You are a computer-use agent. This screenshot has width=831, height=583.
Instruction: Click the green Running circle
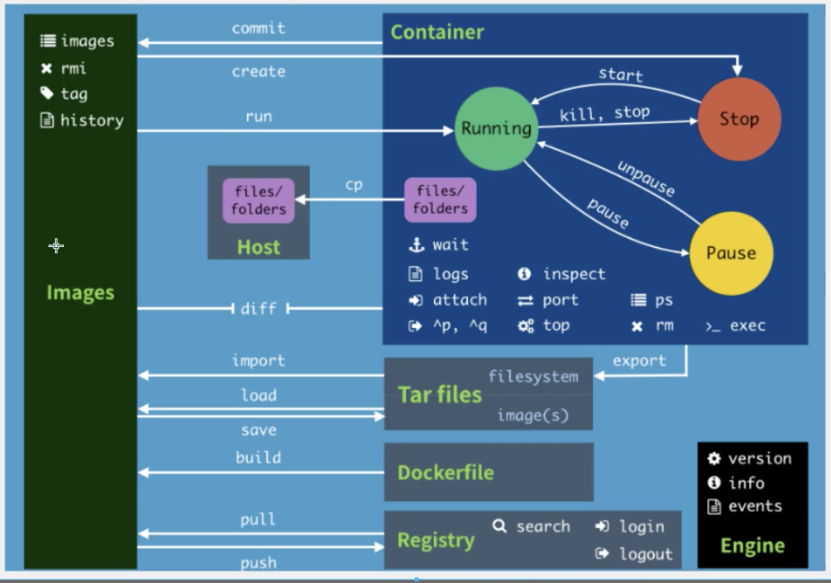[496, 128]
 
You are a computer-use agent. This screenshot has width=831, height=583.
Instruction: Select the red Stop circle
[738, 119]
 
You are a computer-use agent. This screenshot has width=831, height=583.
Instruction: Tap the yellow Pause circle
[730, 253]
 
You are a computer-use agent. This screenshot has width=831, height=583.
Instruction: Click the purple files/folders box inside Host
[259, 200]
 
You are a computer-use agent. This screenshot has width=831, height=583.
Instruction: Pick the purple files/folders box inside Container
[440, 200]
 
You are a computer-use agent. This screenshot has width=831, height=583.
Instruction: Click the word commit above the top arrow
[259, 28]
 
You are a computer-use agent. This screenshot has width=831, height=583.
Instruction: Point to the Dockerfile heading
[446, 473]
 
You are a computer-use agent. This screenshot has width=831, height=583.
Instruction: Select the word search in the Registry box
[543, 526]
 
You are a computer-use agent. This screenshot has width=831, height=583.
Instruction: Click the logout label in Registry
[646, 553]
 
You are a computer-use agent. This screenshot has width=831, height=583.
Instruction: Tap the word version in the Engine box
[759, 458]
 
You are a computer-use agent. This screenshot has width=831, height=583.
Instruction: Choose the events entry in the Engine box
[755, 506]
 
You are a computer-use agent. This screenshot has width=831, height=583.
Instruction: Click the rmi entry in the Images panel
[74, 68]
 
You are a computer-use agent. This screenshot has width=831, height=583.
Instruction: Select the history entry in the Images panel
[92, 120]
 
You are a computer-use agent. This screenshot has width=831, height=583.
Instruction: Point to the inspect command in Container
[574, 274]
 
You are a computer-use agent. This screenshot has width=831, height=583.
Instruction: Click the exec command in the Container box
[747, 325]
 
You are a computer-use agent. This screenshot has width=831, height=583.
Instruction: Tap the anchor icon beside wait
[415, 244]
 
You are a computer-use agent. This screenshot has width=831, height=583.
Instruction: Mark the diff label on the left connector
[259, 309]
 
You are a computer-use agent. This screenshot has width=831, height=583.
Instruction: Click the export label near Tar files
[640, 361]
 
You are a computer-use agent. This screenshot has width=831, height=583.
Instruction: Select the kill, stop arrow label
[605, 114]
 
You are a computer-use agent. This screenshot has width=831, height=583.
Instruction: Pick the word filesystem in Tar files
[533, 376]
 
